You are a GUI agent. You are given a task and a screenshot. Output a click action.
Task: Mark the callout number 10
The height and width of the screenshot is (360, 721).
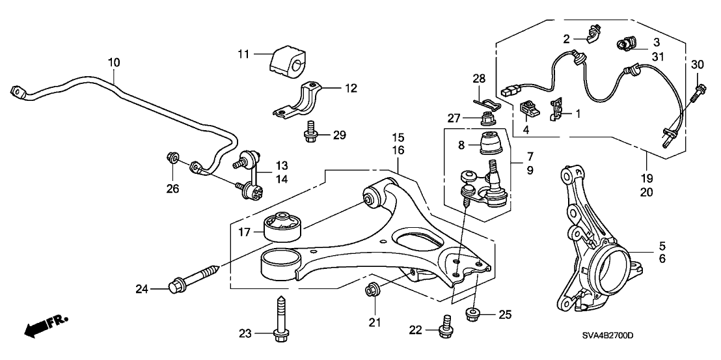click(x=114, y=62)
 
